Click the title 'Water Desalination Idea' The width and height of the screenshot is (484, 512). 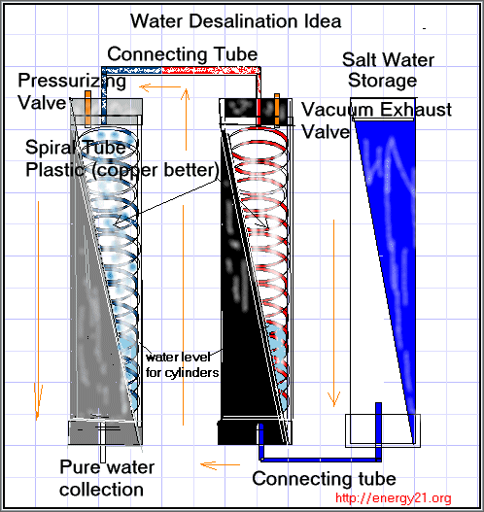tap(236, 21)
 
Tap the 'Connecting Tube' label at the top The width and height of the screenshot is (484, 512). tap(183, 54)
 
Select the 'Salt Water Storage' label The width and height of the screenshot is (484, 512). tap(388, 70)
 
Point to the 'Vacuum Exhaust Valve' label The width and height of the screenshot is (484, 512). tap(376, 120)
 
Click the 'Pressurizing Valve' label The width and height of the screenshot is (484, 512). tap(71, 91)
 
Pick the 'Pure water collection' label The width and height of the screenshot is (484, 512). tap(107, 478)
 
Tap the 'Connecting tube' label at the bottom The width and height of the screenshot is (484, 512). tap(324, 479)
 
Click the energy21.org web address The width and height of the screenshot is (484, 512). tap(394, 498)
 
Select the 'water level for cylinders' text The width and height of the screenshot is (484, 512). tap(182, 364)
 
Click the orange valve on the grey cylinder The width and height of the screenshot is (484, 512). tap(87, 109)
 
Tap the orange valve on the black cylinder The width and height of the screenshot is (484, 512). tap(277, 110)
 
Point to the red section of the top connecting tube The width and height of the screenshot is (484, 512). tap(211, 70)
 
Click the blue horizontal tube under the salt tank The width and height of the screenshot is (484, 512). tap(321, 460)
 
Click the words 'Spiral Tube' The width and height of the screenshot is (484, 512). tap(76, 148)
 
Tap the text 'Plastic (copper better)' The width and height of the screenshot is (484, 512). tap(122, 170)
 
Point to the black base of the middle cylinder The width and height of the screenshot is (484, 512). tap(251, 432)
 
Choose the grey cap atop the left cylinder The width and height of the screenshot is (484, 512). tap(107, 107)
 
